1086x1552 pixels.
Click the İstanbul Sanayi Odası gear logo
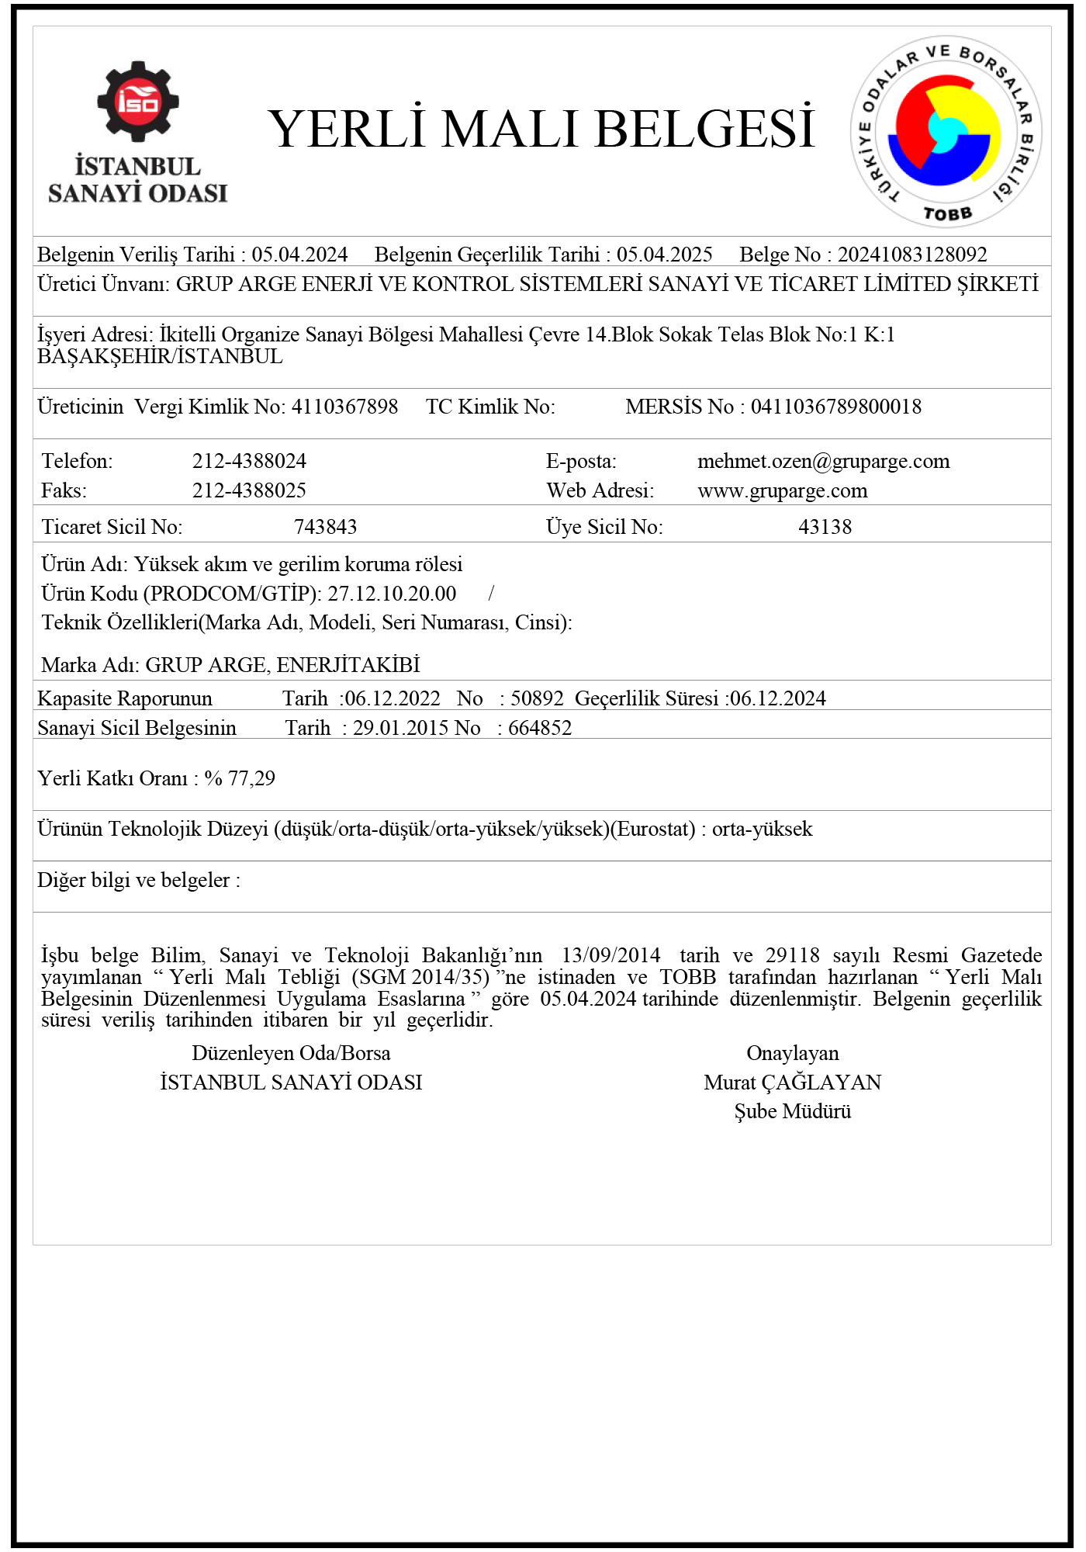[x=138, y=102]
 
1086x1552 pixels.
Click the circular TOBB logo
[x=946, y=132]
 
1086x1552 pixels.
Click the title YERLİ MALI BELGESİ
[x=541, y=129]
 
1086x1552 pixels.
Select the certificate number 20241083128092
[x=912, y=255]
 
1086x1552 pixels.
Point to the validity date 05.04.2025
[x=664, y=255]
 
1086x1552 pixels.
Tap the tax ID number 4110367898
[x=344, y=407]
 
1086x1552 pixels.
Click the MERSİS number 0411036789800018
[x=835, y=407]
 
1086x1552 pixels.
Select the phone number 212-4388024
[x=249, y=461]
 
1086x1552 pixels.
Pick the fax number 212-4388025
[x=249, y=490]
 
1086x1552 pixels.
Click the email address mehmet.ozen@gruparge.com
[x=823, y=461]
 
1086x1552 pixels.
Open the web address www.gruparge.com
[x=782, y=490]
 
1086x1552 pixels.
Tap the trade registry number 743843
[x=325, y=527]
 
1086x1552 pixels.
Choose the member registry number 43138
[x=825, y=527]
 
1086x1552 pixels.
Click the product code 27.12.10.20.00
[x=392, y=594]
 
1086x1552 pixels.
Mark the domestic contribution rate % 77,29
[x=240, y=778]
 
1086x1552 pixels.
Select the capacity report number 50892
[x=537, y=698]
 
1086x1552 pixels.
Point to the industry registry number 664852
[x=540, y=728]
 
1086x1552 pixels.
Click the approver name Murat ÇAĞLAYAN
[x=792, y=1083]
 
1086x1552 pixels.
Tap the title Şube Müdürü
[x=792, y=1111]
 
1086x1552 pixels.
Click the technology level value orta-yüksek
[x=762, y=829]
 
